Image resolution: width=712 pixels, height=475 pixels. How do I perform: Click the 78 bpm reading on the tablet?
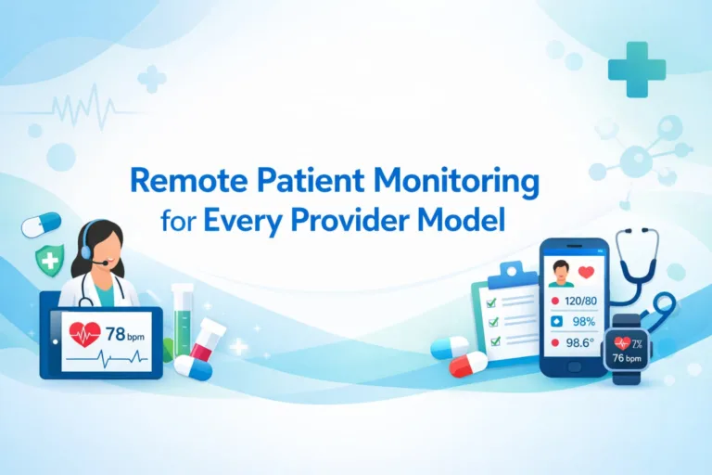pos(123,332)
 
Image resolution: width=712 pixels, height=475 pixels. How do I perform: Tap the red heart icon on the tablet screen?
pos(84,332)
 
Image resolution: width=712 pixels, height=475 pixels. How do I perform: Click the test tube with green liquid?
pos(182,320)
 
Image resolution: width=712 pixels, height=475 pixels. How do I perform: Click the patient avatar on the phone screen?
pos(560,272)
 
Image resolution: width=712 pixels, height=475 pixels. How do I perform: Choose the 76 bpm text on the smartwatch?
pos(627,358)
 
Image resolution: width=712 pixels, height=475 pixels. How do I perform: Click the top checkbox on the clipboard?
pos(493,301)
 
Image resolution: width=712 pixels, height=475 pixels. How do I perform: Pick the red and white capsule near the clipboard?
pos(467,364)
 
